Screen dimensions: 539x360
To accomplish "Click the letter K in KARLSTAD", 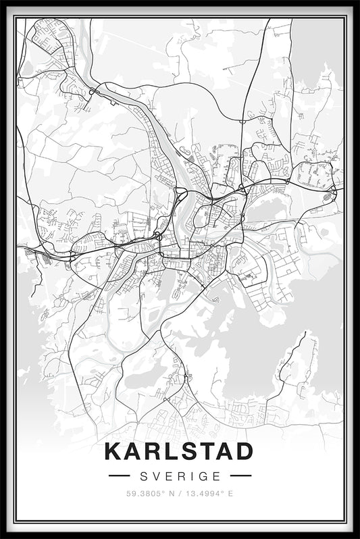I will coord(113,452).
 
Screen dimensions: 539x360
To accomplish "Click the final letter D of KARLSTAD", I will coord(244,452).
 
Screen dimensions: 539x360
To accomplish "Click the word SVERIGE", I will coord(180,476).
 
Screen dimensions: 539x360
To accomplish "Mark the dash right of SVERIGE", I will coord(240,476).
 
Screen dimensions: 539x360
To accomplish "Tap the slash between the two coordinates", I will coord(180,494).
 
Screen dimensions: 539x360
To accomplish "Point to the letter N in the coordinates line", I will coord(171,494).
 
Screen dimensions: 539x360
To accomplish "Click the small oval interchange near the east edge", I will coord(328,197).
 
